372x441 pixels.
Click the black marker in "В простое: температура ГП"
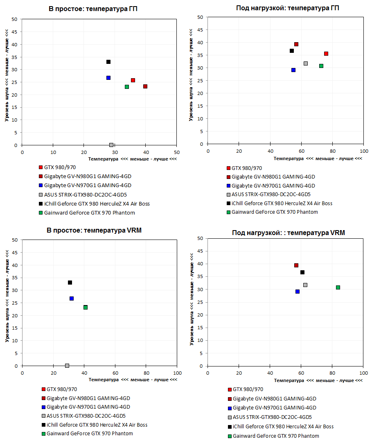coord(108,62)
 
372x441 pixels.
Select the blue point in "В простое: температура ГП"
coord(108,78)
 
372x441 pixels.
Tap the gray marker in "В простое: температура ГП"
coord(111,145)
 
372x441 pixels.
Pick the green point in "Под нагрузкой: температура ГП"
coord(321,66)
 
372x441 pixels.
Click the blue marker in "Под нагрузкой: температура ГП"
coord(293,70)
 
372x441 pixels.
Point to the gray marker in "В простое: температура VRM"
coord(67,366)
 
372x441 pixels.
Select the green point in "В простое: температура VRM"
coord(86,308)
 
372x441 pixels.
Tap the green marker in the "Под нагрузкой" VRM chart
coord(338,287)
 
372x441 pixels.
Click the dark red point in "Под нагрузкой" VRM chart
coord(296,265)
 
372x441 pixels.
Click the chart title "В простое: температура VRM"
coord(94,231)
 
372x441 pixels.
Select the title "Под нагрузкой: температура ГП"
coord(288,8)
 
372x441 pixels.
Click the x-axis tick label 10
coord(53,152)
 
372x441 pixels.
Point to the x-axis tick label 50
coord(176,152)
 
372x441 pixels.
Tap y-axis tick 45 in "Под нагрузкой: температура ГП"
coord(200,30)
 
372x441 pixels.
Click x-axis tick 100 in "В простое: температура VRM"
coord(177,373)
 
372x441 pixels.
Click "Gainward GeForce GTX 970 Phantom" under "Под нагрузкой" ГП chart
coord(275,212)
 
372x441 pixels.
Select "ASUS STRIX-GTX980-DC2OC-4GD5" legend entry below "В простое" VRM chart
coord(86,416)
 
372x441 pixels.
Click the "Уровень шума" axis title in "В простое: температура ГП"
coord(7,82)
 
